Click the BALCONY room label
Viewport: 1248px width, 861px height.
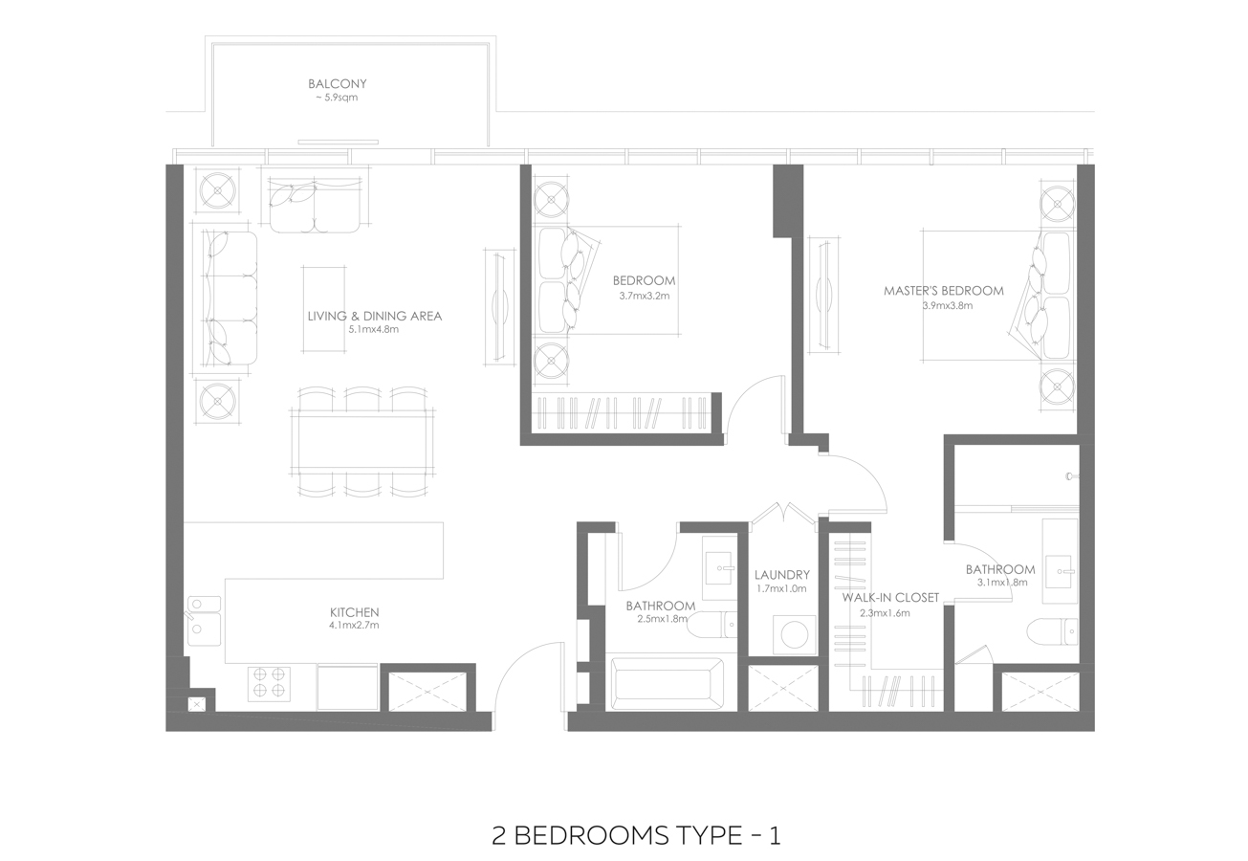pyautogui.click(x=337, y=83)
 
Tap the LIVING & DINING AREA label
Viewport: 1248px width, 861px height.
pyautogui.click(x=375, y=316)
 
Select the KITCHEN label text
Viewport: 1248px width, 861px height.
pyautogui.click(x=354, y=612)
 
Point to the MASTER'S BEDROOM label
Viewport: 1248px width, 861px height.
pyautogui.click(x=944, y=290)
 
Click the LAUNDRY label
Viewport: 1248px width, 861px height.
pyautogui.click(x=782, y=575)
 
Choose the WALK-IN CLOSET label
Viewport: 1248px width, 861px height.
pyautogui.click(x=890, y=597)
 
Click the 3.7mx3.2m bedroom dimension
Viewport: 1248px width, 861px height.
pyautogui.click(x=644, y=296)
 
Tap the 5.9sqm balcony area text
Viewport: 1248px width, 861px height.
pyautogui.click(x=337, y=98)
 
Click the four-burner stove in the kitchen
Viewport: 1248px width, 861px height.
pyautogui.click(x=269, y=683)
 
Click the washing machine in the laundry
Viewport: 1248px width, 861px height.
pyautogui.click(x=795, y=634)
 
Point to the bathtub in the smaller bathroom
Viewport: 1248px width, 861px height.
pyautogui.click(x=668, y=684)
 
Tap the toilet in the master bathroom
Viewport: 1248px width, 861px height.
pyautogui.click(x=1053, y=631)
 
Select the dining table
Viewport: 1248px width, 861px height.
pyautogui.click(x=362, y=442)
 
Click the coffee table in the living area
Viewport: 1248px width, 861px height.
pyautogui.click(x=323, y=309)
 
